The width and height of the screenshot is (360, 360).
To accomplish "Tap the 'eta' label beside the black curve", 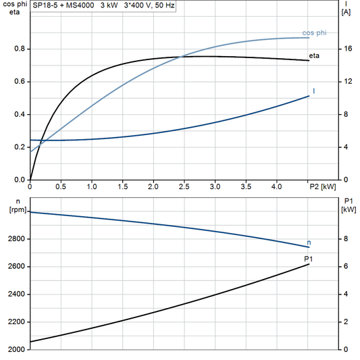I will [x=314, y=55].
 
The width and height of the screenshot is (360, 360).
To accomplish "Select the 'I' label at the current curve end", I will [x=313, y=91].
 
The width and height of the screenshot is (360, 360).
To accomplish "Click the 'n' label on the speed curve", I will [x=309, y=242].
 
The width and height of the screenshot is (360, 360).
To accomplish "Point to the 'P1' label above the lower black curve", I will [x=308, y=259].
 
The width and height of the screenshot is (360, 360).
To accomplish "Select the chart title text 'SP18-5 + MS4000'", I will [x=61, y=5].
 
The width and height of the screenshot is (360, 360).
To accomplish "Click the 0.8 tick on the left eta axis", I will [x=20, y=49].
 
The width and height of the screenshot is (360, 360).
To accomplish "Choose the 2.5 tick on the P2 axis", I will [x=184, y=186].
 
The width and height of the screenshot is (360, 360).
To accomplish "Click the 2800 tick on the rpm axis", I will [x=17, y=239].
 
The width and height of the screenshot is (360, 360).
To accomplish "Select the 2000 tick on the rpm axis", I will [x=17, y=350].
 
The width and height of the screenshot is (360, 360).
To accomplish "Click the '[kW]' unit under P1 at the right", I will [x=348, y=209].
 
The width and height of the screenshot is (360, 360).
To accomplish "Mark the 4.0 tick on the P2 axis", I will [x=277, y=186].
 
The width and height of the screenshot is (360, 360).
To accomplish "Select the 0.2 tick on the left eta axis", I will [x=20, y=147].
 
